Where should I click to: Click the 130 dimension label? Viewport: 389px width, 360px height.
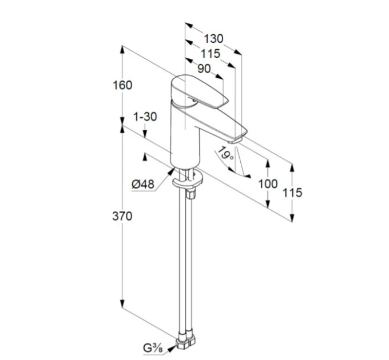(213, 39)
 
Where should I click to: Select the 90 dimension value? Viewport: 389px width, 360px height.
(204, 69)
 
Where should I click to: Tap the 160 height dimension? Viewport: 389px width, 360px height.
(122, 85)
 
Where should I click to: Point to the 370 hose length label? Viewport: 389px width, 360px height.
(122, 217)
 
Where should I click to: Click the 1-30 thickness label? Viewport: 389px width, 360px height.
(145, 117)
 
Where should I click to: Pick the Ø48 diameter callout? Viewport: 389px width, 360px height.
(143, 184)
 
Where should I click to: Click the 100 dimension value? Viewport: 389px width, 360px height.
(268, 184)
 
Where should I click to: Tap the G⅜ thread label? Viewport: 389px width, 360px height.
(153, 349)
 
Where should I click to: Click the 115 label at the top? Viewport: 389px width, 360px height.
(211, 54)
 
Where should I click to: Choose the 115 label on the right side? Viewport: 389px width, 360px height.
(292, 193)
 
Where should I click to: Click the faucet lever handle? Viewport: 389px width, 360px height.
(199, 91)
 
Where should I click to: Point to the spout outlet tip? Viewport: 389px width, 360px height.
(235, 141)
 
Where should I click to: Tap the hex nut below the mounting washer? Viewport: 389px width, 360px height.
(191, 194)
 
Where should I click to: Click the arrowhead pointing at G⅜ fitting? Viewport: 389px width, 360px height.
(171, 349)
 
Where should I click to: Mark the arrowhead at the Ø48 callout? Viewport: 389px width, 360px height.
(170, 171)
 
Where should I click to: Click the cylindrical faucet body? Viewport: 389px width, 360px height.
(185, 135)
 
